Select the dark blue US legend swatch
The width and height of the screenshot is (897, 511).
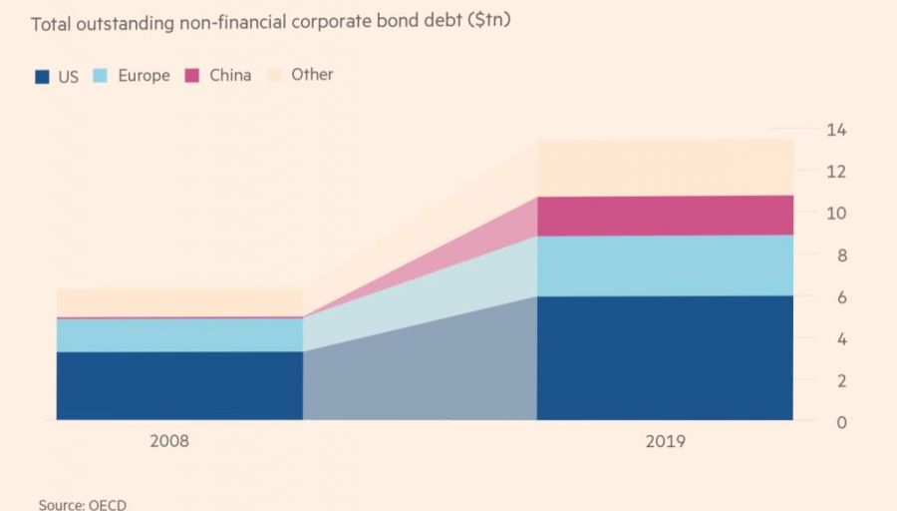coord(42,76)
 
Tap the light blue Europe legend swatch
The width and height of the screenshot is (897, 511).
coord(101,76)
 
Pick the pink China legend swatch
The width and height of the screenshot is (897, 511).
coord(191,76)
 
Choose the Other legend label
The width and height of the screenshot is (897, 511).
coord(312,75)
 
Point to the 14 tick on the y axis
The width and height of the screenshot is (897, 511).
coord(835,130)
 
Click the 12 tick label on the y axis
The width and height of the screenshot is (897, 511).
coord(835,172)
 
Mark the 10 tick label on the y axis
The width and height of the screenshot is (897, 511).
coord(835,214)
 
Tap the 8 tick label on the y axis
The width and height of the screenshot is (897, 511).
coord(839,255)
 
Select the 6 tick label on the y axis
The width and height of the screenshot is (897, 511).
coord(839,297)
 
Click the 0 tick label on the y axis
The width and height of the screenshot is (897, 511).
coord(839,422)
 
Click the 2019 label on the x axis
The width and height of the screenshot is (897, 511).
coord(665,440)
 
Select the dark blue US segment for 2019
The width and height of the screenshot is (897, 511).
coord(665,357)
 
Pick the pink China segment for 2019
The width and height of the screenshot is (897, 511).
coord(665,215)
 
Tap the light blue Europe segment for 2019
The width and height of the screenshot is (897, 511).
coord(665,264)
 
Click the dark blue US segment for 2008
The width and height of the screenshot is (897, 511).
coord(179,385)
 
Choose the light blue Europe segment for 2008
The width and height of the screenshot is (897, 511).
coord(179,334)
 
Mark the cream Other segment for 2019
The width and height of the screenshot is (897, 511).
coord(665,168)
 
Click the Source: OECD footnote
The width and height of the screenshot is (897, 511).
coord(83,504)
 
